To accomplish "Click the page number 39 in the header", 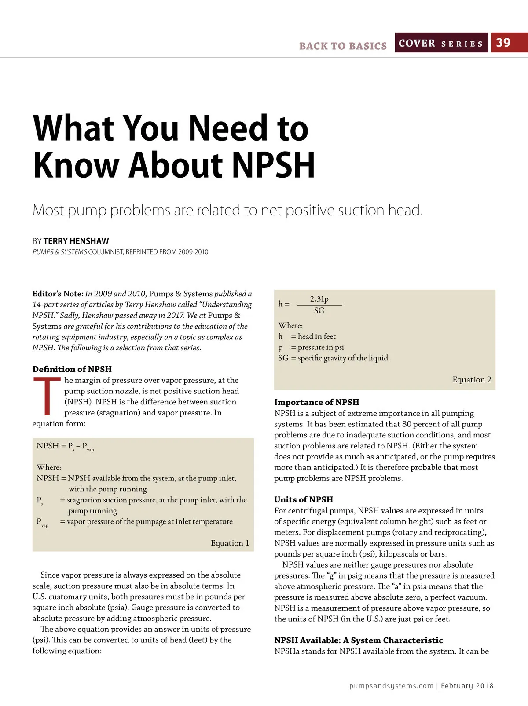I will tap(503, 43).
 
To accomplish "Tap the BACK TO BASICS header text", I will tap(343, 46).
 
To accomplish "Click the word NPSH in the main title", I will tap(273, 165).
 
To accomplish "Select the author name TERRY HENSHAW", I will tap(76, 241).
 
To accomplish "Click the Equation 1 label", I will tap(230, 543).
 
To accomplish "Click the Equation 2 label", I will tap(471, 380).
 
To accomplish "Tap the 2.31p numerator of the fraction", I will tap(319, 299).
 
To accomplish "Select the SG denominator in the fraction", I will tap(319, 310).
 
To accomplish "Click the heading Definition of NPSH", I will tap(72, 369).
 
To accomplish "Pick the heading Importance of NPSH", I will tap(316, 402).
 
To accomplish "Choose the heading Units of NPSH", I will tap(304, 499).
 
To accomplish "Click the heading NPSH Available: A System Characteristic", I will tap(358, 640).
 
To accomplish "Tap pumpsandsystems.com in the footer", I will tap(391, 686).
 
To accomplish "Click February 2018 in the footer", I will tap(467, 686).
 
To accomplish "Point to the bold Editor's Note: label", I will tap(58, 294).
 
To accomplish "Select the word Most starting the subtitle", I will tap(48, 211).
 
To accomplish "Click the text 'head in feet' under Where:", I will tap(316, 337).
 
